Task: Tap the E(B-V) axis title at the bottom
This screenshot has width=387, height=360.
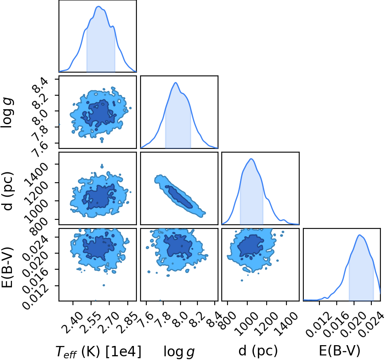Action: click(x=340, y=351)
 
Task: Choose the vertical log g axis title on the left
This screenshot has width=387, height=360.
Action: click(x=7, y=112)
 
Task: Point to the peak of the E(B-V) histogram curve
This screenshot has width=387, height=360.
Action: click(x=360, y=235)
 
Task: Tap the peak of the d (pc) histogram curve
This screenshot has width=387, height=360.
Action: click(x=251, y=159)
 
